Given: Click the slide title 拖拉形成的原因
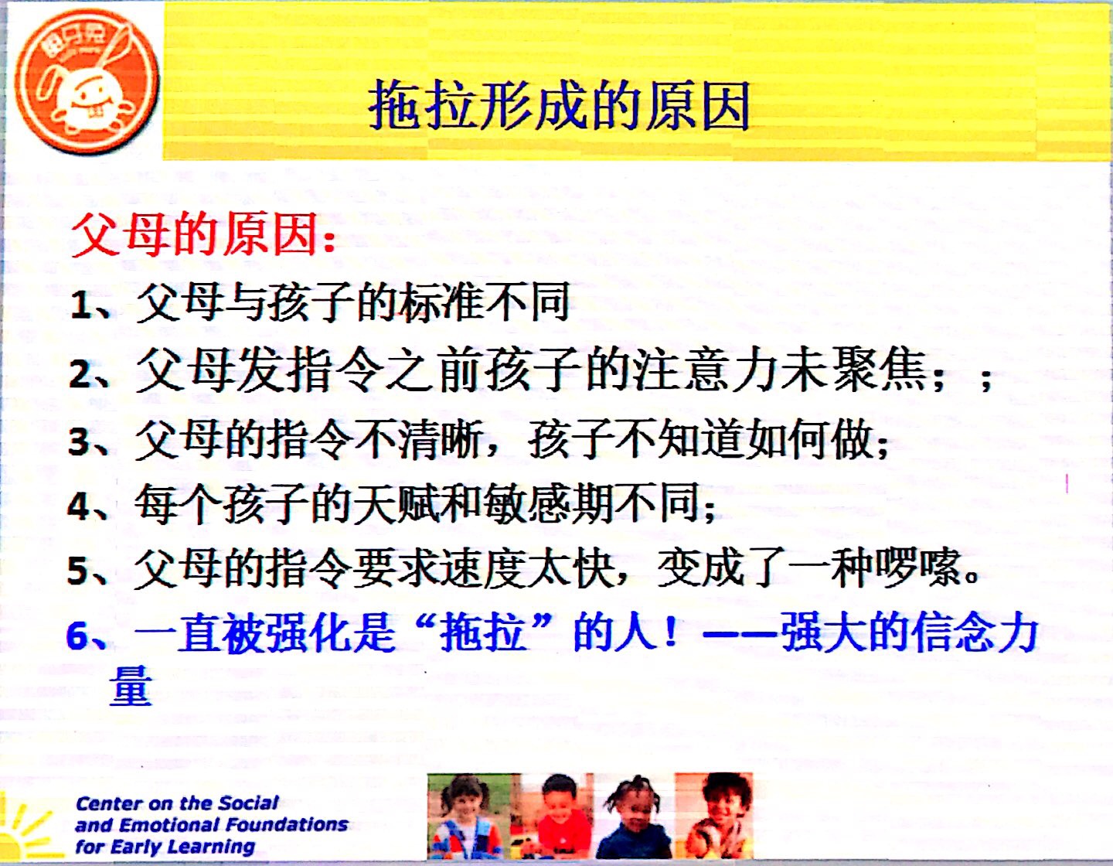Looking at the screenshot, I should click(559, 106).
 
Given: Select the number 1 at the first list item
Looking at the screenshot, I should click(80, 306).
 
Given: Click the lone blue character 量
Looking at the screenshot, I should click(130, 685).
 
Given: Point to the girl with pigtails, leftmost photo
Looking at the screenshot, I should click(464, 818).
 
